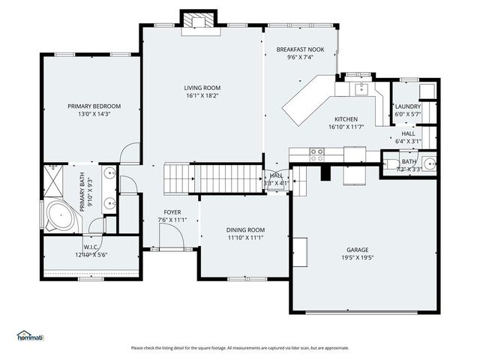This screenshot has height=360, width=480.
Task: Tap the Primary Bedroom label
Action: coord(94,106)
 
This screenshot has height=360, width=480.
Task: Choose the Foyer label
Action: coord(172,212)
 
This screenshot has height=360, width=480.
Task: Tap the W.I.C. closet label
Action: coord(91,247)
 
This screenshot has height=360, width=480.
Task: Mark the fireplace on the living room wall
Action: coord(199,21)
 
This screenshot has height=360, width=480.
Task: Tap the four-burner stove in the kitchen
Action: coord(317,154)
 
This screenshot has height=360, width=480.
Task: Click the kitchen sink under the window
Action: coord(359,88)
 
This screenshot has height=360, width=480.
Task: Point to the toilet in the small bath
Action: coord(391,163)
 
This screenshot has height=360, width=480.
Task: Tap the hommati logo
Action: coord(30,335)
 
